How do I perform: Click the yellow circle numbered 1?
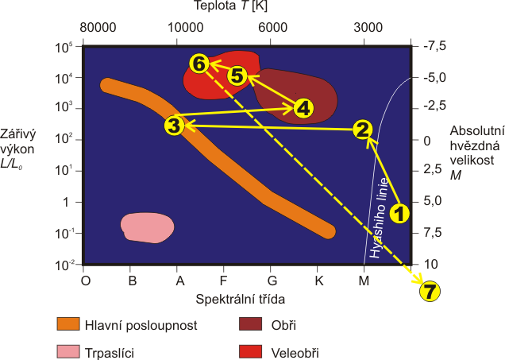400,213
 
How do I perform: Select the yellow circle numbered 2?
362,130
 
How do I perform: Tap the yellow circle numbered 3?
175,126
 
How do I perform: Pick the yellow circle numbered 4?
303,108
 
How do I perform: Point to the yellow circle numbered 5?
237,75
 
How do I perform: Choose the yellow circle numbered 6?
199,63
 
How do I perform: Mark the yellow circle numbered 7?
429,292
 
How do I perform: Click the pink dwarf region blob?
147,227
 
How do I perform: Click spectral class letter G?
272,280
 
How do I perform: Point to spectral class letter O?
87,280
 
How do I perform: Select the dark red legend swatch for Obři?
252,324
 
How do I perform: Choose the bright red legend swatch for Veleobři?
252,350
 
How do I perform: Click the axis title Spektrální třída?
241,299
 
